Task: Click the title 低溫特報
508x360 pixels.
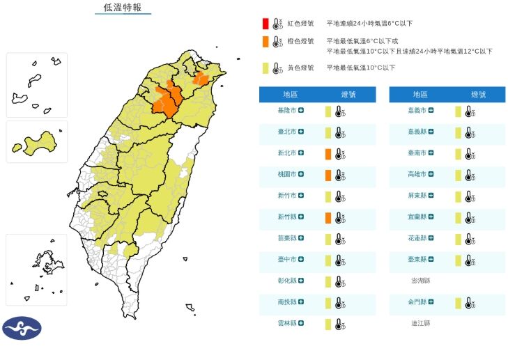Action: click(122, 8)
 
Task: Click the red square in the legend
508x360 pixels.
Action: click(265, 24)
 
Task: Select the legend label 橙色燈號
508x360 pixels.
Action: click(300, 42)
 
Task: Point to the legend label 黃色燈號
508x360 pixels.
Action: click(300, 68)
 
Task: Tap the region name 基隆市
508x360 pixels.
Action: click(287, 111)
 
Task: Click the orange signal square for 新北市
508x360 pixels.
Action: click(328, 154)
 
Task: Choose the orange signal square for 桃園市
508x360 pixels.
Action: click(328, 175)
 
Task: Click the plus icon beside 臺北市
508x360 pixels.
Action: click(302, 132)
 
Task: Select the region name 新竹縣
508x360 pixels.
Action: click(287, 218)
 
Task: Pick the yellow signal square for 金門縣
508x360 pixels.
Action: click(458, 303)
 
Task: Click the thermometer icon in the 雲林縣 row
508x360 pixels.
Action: click(339, 324)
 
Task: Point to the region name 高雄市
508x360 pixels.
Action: click(417, 175)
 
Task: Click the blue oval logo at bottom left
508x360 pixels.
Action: click(22, 328)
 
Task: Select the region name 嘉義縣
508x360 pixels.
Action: click(417, 132)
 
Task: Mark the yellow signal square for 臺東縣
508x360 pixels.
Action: click(458, 260)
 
